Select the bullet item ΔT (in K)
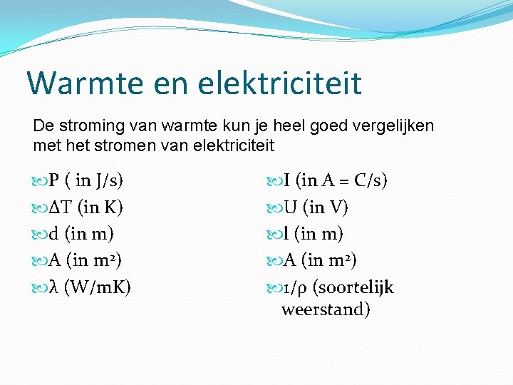pyautogui.click(x=78, y=207)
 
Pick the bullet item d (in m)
pyautogui.click(x=74, y=234)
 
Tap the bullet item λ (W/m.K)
pyautogui.click(x=83, y=287)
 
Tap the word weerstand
pyautogui.click(x=326, y=310)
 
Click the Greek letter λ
pyautogui.click(x=55, y=287)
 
